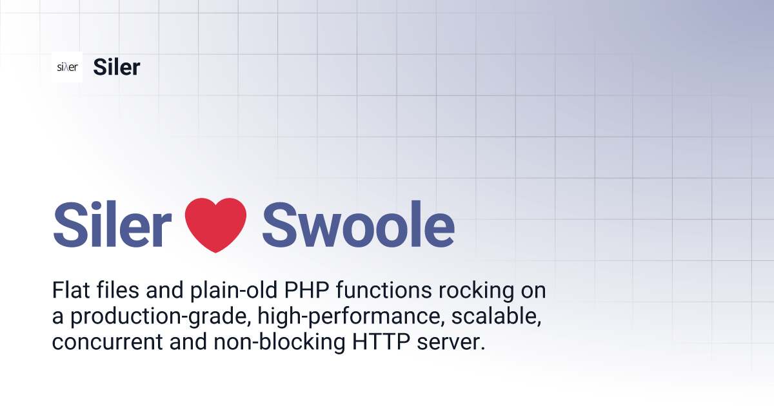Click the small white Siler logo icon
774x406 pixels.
pos(67,67)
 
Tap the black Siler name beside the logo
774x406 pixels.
pos(116,67)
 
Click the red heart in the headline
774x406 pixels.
pos(215,225)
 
